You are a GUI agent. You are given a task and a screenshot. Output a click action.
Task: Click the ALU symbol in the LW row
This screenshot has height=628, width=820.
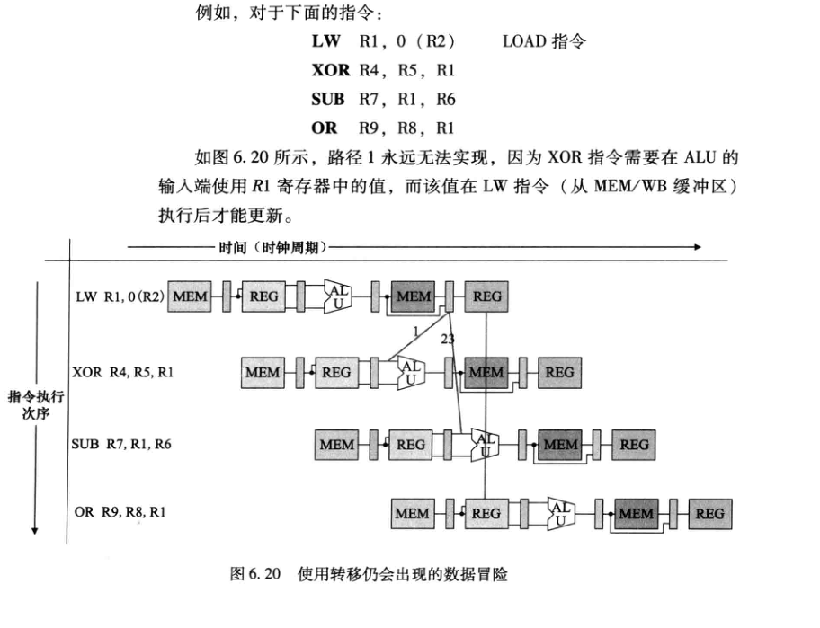[x=339, y=296]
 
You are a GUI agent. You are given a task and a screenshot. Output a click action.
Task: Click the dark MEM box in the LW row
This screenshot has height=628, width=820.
[x=414, y=296]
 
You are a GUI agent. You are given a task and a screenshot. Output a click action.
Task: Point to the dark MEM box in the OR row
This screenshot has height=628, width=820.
[x=637, y=514]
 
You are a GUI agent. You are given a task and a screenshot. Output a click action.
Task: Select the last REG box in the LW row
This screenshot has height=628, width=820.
[x=486, y=296]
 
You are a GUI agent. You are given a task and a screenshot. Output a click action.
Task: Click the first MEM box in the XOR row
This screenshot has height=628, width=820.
[x=263, y=372]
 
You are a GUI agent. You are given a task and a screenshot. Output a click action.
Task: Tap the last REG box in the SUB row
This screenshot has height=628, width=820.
[x=634, y=444]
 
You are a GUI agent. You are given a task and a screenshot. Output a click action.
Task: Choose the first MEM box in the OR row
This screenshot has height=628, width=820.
[x=412, y=514]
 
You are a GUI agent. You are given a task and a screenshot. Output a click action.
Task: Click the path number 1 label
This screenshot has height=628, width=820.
[x=416, y=332]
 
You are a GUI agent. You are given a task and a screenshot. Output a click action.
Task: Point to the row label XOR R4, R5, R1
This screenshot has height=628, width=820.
[x=122, y=372]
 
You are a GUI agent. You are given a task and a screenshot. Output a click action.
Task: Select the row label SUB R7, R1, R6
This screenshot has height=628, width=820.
[x=122, y=444]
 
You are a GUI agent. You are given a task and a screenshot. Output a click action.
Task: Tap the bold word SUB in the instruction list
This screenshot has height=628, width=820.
[x=327, y=100]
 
